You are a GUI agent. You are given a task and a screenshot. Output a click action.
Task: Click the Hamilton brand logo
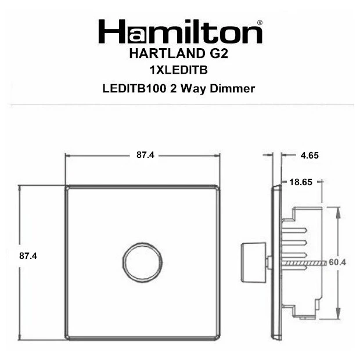[x=180, y=31]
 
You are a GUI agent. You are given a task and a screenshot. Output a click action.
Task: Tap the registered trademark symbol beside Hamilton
[x=260, y=23]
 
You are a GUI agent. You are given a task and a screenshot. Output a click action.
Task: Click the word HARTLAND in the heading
[x=167, y=54]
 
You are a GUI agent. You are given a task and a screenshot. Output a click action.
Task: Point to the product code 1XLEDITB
[x=179, y=70]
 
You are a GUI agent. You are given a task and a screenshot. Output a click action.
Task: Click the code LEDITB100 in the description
[x=134, y=89]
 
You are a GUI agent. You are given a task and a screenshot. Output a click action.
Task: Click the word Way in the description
[x=193, y=89]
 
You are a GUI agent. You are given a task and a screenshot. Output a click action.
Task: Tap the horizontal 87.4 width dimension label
[x=145, y=155]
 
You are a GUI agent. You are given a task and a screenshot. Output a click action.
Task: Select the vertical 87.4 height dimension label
[x=28, y=255]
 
